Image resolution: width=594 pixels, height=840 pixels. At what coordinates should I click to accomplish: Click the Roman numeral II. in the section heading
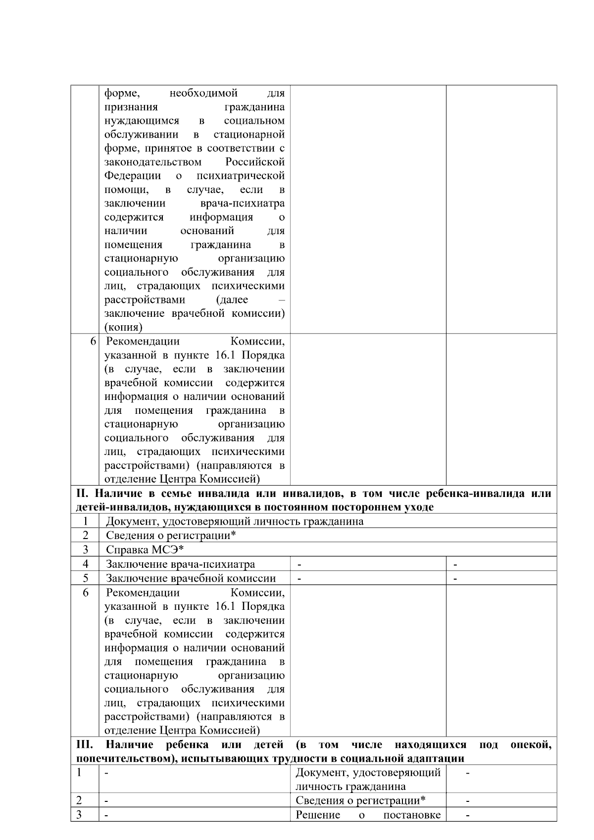tap(83, 494)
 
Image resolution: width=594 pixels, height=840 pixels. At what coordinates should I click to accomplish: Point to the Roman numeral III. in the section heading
tap(85, 745)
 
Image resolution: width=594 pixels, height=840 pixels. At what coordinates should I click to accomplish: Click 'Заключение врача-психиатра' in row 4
tap(181, 564)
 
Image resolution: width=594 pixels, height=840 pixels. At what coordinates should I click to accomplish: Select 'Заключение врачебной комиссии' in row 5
tap(191, 578)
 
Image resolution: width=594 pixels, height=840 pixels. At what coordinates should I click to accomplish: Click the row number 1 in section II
tap(86, 521)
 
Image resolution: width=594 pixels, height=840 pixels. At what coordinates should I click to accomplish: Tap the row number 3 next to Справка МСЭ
tap(86, 549)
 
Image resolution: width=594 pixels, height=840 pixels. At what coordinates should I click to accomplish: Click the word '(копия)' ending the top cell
tap(123, 327)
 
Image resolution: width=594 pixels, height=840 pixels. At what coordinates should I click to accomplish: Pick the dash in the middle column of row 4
tap(299, 564)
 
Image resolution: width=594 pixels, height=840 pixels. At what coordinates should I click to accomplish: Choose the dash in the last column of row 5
tap(455, 578)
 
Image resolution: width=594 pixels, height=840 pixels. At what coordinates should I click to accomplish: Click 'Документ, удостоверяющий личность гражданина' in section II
tap(235, 521)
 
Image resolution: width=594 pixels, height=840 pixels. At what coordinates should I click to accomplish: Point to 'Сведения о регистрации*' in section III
tap(360, 800)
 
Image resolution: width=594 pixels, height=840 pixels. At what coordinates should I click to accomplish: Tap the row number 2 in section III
tap(80, 800)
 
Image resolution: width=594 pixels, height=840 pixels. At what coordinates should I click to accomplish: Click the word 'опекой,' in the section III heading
tap(531, 745)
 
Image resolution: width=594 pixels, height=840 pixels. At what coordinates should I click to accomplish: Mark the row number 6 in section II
tap(86, 593)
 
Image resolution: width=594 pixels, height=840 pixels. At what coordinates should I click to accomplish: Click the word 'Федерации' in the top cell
tap(133, 176)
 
